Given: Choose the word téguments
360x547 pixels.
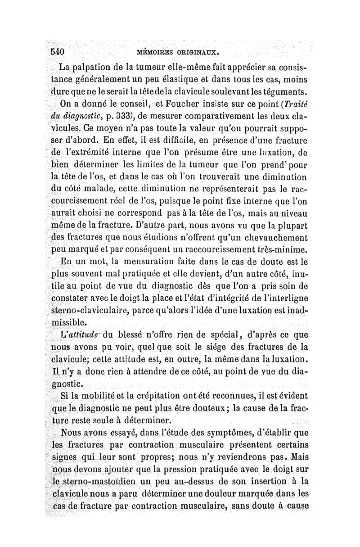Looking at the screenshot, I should tap(281, 92).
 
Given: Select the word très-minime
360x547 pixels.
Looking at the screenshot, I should tap(281, 248).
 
